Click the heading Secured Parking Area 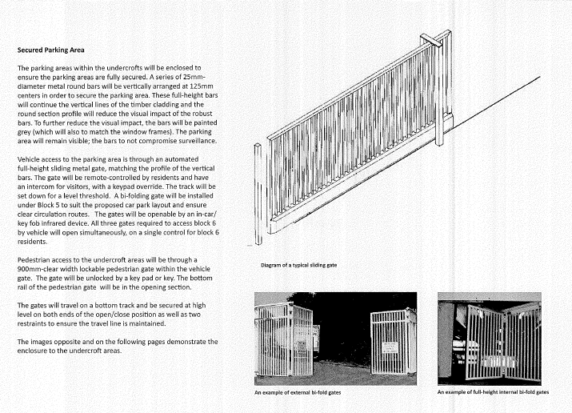[53, 50]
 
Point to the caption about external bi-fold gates [307, 393]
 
